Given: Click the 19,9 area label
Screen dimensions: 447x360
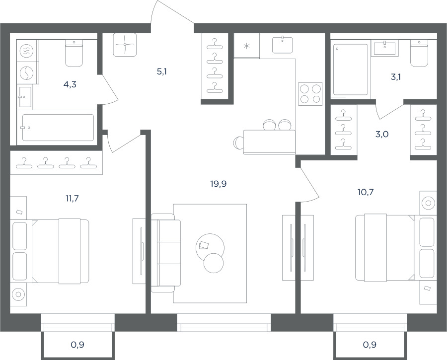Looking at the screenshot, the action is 219,184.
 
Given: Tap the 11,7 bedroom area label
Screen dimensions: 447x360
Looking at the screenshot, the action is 72,198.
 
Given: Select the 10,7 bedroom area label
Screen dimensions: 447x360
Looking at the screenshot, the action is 366,192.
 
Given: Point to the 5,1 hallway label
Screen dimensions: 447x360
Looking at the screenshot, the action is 161,72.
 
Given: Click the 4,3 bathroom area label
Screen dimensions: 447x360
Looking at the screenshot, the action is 70,84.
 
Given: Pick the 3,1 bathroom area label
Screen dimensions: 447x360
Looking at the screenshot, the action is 396,76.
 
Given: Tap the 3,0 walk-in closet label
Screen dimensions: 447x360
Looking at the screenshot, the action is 382,134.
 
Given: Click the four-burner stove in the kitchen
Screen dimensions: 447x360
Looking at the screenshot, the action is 310,94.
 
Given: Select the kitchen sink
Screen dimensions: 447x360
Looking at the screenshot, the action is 282,45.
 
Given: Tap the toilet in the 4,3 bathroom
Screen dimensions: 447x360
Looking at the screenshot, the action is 74,53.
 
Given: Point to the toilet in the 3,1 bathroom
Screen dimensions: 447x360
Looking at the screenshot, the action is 419,54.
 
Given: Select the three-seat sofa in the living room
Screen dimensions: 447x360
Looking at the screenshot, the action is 165,253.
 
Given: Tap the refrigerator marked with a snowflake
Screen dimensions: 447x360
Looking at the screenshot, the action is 246,46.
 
